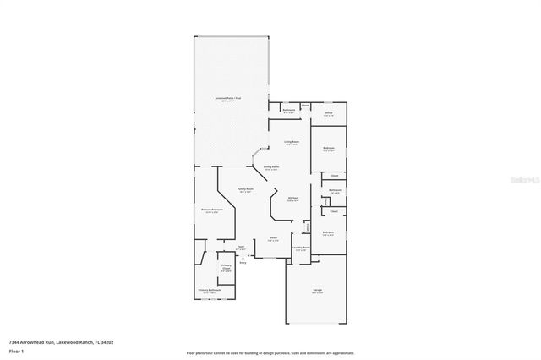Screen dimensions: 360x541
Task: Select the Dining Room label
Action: coord(270,167)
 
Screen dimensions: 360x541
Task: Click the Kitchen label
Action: coord(292,198)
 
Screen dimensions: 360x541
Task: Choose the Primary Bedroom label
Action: coord(211,209)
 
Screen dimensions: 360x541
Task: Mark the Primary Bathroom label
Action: coord(210,290)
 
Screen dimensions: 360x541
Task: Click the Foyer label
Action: coord(241,248)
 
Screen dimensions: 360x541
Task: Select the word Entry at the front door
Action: coord(243,264)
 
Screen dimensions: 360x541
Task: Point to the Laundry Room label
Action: coord(301,248)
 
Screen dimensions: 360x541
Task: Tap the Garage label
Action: coord(317,290)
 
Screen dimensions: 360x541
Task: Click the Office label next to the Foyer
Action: coord(273,238)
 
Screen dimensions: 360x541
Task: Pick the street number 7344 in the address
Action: coord(14,342)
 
